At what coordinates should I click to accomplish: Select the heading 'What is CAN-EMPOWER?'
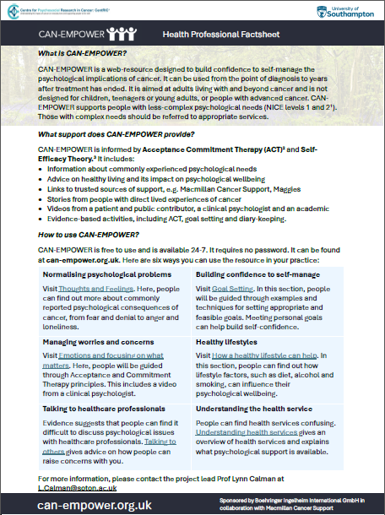point(79,53)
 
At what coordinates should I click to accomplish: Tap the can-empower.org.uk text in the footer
point(92,504)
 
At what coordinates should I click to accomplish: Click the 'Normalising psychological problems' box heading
point(102,275)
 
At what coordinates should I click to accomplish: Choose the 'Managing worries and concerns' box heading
point(93,341)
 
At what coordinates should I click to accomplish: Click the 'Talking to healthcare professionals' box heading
point(102,407)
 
